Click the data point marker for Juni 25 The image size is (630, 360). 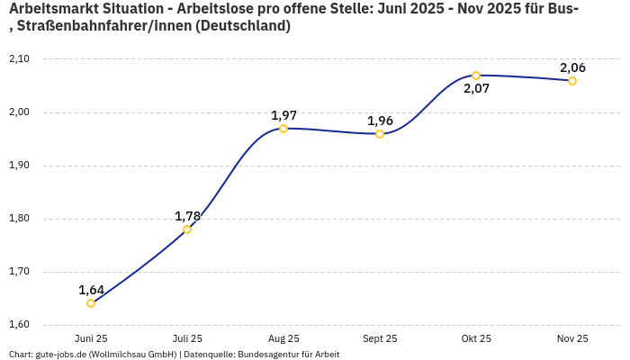(91, 303)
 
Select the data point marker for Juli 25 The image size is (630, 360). (187, 229)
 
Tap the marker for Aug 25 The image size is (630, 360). (283, 129)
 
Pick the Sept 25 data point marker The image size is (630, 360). (380, 134)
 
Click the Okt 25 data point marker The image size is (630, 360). (476, 76)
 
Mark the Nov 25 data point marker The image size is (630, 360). (572, 81)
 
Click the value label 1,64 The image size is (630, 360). (91, 290)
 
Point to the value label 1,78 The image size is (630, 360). (187, 216)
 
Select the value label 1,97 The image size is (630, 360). (283, 115)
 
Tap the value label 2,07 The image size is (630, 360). (476, 89)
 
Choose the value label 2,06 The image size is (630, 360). (572, 67)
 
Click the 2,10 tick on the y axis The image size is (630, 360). (19, 59)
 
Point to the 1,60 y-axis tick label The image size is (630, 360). (19, 325)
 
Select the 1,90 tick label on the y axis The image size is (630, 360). (19, 166)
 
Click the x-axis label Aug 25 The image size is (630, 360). (283, 338)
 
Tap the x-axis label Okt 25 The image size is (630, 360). (476, 338)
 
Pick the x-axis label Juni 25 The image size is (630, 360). (91, 338)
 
